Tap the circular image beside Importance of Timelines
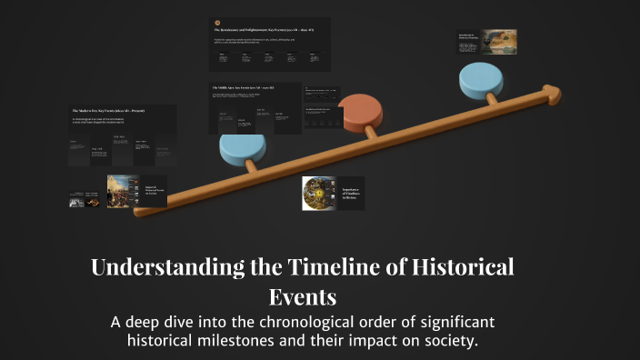pyautogui.click(x=319, y=193)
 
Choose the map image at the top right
pyautogui.click(x=499, y=41)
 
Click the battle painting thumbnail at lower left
pyautogui.click(x=123, y=193)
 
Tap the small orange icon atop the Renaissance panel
pyautogui.click(x=216, y=22)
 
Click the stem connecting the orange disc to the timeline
pyautogui.click(x=371, y=131)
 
